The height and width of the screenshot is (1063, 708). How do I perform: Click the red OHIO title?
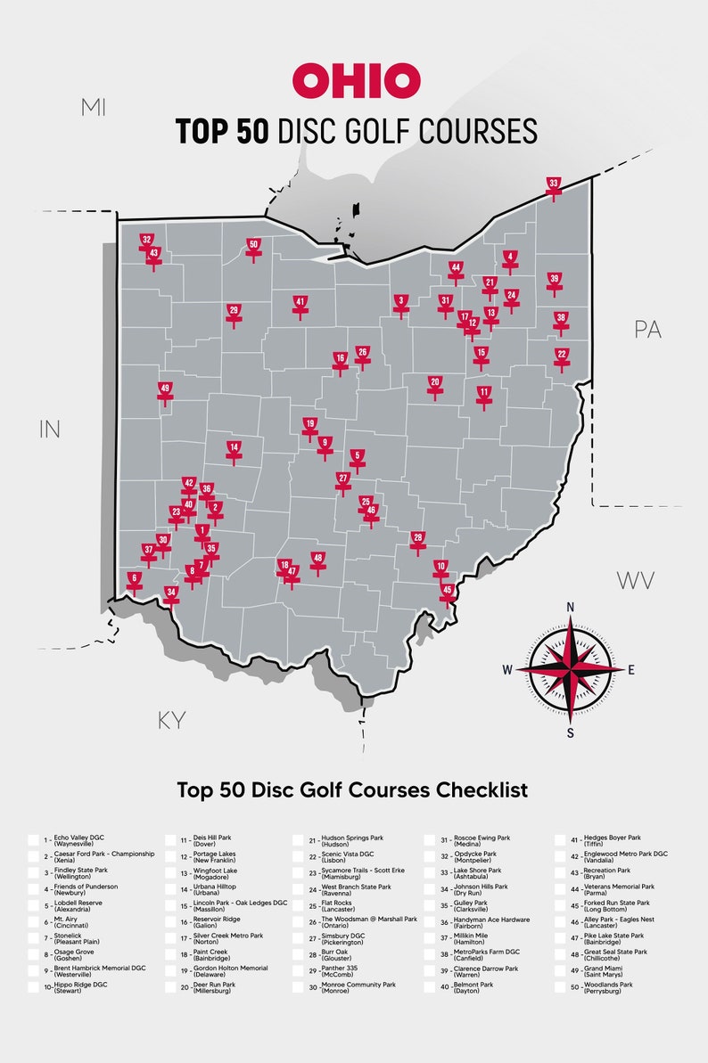coord(356,80)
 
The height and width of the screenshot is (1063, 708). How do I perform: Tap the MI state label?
coord(93,108)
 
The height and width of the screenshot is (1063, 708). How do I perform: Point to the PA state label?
coord(648,329)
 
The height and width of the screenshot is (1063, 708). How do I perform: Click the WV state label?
coord(636,581)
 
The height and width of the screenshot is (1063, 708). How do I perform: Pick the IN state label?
coord(50,429)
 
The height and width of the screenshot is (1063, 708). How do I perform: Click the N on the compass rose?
coord(571,607)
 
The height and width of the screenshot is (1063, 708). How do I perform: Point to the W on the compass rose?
coord(507,670)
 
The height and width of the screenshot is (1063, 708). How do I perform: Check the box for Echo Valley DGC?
coord(34,840)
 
